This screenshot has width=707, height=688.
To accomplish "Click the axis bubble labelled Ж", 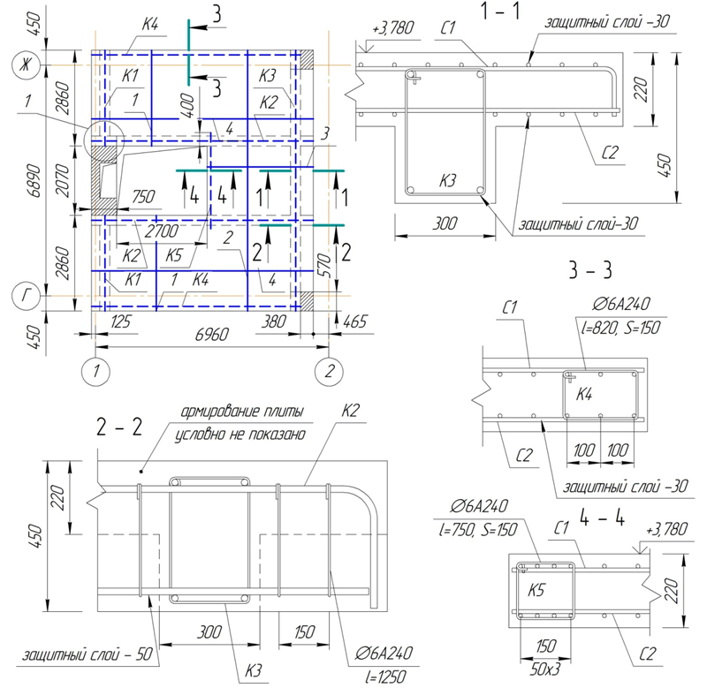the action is pos(26,65).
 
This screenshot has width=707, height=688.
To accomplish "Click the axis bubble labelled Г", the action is pos(26,296).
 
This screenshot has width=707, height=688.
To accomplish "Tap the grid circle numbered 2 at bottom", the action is pos(329,372).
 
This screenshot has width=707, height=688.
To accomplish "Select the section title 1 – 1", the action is pos(500,11).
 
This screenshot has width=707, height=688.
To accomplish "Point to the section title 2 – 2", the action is pos(119,427).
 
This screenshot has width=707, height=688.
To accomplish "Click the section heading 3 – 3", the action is pos(590,270).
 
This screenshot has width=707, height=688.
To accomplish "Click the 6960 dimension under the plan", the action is pos(212,335).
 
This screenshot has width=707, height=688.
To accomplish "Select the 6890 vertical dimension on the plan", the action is pos(34,181).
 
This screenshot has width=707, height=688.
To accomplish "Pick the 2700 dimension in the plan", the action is pos(162,231).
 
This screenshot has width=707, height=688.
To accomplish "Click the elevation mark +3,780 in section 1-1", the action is pos(392,28).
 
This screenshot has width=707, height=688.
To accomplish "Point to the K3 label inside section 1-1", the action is pos(448,181).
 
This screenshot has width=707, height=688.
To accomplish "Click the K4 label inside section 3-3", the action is pos(584,395).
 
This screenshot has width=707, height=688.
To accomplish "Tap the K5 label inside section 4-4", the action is pos(536,590).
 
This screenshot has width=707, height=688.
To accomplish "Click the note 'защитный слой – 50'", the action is pos(87,654).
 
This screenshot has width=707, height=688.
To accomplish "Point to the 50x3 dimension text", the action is pos(545,669).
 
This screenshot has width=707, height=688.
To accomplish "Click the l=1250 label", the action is pos(386,677).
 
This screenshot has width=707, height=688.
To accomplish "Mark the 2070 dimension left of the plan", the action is pos(63,181).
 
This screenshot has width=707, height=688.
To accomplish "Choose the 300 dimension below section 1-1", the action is pos(445,223).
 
